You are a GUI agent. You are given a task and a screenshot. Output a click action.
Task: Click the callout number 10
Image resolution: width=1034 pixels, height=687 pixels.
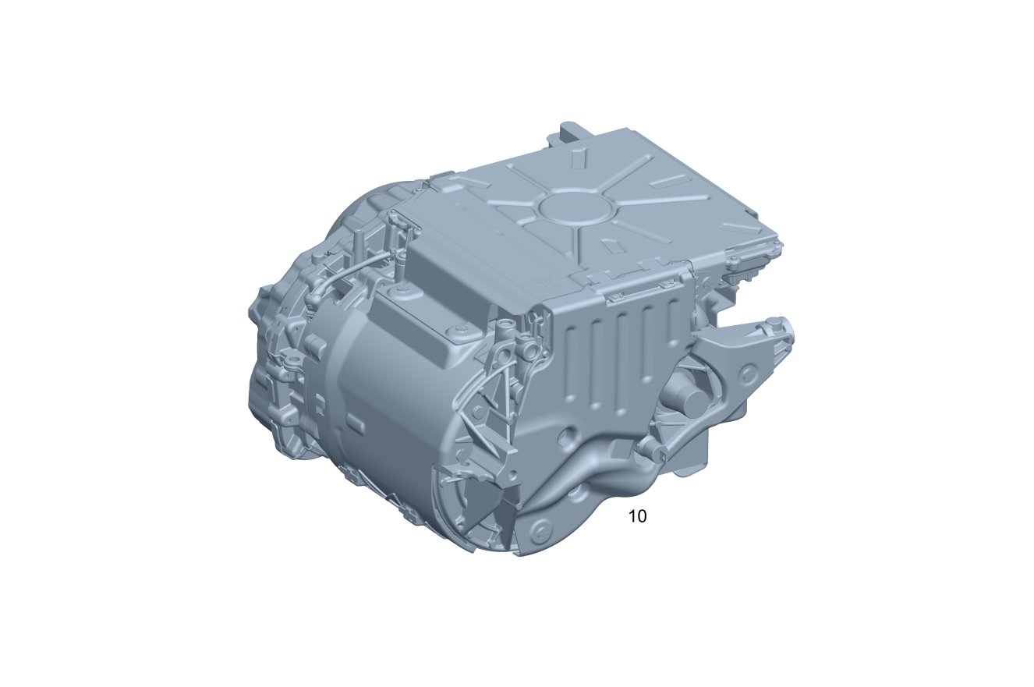coord(638,516)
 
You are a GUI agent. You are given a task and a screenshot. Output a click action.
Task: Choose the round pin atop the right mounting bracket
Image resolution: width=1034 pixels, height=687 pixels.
coord(782,323)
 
